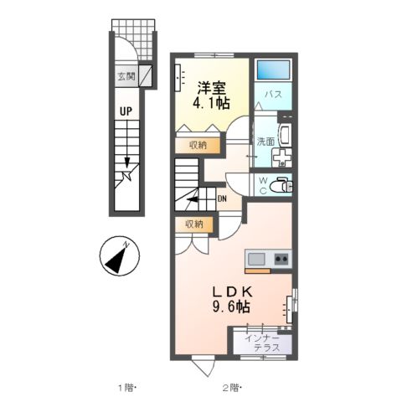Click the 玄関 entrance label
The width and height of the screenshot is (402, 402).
click(x=125, y=76)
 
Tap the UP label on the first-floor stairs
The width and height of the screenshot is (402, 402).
click(x=125, y=111)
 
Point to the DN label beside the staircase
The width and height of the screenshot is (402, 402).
click(x=222, y=198)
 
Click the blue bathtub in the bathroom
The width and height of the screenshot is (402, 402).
click(x=272, y=70)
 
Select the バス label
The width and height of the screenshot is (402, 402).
click(x=273, y=95)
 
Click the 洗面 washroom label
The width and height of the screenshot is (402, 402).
click(x=265, y=141)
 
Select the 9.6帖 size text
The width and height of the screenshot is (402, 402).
click(x=230, y=307)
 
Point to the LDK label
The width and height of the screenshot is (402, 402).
click(x=230, y=291)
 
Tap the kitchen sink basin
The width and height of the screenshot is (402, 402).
click(x=255, y=259)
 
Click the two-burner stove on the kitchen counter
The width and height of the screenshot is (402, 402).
click(x=280, y=259)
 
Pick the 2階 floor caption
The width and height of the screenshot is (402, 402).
click(x=232, y=387)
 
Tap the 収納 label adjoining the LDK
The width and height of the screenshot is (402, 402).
click(x=194, y=224)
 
